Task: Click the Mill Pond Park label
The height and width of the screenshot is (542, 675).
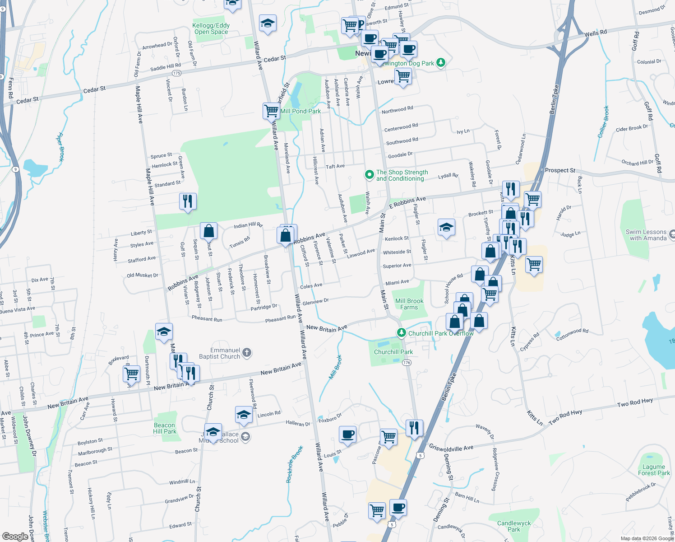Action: tap(301, 111)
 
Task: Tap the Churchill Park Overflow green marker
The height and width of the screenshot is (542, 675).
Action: tap(401, 333)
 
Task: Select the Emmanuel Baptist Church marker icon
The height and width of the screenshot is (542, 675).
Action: tap(246, 353)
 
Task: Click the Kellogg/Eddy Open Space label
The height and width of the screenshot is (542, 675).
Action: tap(211, 29)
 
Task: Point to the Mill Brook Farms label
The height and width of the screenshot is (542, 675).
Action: tap(409, 304)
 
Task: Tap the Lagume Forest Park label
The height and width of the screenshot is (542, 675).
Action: tap(654, 470)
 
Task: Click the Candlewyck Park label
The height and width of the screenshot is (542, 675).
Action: tap(514, 526)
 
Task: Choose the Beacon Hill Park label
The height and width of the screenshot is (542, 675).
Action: tap(164, 428)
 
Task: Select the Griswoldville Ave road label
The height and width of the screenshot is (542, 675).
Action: tap(451, 448)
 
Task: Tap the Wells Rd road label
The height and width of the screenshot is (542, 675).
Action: tap(596, 33)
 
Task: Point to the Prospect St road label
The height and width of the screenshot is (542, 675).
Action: tap(560, 170)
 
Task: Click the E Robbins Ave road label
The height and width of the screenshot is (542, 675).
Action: tap(407, 201)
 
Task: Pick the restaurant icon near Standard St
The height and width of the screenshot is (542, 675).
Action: tap(188, 201)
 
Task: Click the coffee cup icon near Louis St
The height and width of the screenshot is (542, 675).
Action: tap(347, 434)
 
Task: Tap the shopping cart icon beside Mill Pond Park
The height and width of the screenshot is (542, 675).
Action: tap(272, 110)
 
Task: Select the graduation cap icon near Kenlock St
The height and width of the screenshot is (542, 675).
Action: tap(446, 227)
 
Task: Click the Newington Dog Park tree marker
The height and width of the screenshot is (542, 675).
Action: tap(441, 63)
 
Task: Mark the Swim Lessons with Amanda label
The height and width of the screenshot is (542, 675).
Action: tap(646, 235)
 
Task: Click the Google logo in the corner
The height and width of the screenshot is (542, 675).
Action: tap(15, 536)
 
